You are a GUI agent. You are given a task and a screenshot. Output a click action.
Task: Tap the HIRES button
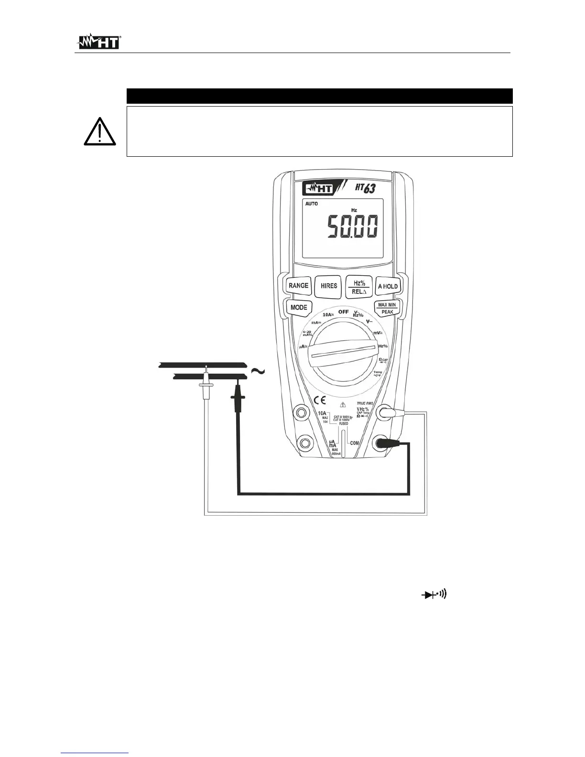329,286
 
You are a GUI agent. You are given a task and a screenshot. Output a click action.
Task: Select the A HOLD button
387,286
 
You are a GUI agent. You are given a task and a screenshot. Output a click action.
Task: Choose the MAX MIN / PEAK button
387,308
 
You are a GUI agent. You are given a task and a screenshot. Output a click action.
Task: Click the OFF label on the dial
343,312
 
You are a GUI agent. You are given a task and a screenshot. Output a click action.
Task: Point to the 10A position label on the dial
328,315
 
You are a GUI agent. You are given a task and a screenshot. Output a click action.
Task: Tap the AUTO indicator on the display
311,204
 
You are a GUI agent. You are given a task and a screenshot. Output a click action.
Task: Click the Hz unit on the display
354,210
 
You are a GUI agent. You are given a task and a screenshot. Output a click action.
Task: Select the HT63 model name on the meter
364,188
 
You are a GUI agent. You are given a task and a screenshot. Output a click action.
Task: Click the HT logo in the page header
99,43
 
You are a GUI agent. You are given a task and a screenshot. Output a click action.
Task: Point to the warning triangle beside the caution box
98,132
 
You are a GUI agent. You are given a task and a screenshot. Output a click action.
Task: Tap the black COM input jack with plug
382,443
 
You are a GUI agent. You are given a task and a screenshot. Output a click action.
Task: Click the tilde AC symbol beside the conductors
258,371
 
